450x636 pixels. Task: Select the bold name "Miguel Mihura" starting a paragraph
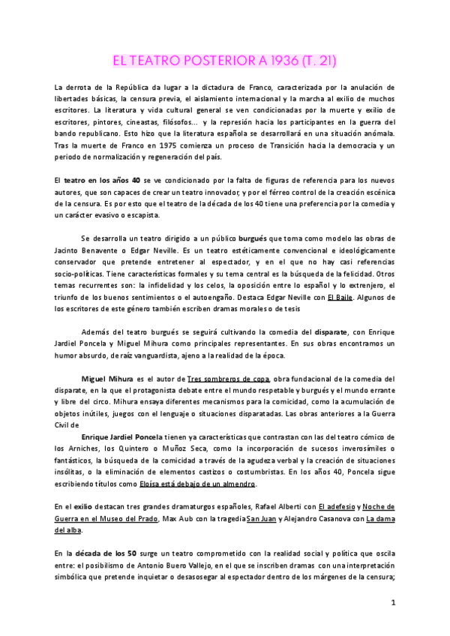tap(106, 379)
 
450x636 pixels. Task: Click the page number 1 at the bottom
tap(393, 602)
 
